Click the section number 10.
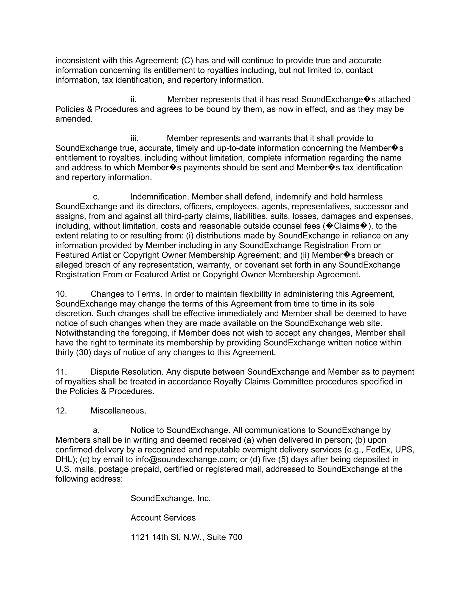tap(61, 294)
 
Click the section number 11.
tap(61, 372)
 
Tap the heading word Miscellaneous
tap(118, 411)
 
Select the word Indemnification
tap(159, 197)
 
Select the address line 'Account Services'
tap(163, 518)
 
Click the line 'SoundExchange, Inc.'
tap(171, 498)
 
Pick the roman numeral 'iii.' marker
tap(134, 138)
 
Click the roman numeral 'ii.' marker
tap(134, 100)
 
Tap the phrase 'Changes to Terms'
tap(126, 294)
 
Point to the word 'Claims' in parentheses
tap(347, 226)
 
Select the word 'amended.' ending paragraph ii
tap(74, 119)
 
